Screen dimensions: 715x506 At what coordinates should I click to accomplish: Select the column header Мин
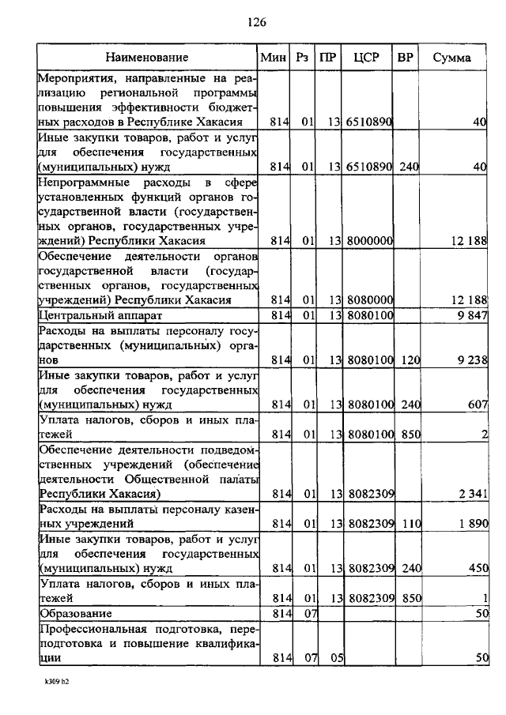click(274, 58)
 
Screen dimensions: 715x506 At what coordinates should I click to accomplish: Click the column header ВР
click(406, 58)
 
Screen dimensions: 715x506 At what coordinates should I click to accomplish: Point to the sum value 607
click(477, 405)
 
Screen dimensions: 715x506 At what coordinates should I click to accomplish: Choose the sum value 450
click(477, 568)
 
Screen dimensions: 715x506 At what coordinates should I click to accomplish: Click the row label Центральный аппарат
click(88, 316)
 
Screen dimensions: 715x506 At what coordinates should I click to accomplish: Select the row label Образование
click(75, 613)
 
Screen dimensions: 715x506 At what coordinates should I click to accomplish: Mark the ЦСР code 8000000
click(371, 240)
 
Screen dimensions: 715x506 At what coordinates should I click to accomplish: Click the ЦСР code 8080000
click(371, 300)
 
